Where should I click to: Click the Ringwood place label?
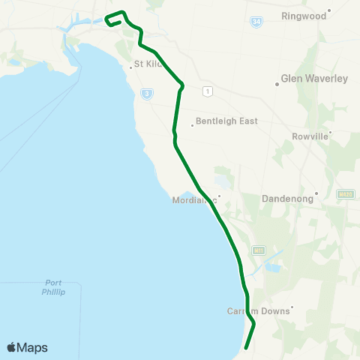click(304, 15)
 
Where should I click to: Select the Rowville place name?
click(308, 137)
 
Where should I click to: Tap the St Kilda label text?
click(148, 64)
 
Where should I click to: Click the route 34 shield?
click(257, 23)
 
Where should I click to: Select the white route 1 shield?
click(208, 91)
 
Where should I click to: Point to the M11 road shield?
click(259, 250)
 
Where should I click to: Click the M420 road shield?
click(345, 194)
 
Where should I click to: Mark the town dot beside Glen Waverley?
click(277, 84)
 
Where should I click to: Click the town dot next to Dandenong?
click(316, 193)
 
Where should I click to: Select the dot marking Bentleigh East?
click(192, 125)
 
